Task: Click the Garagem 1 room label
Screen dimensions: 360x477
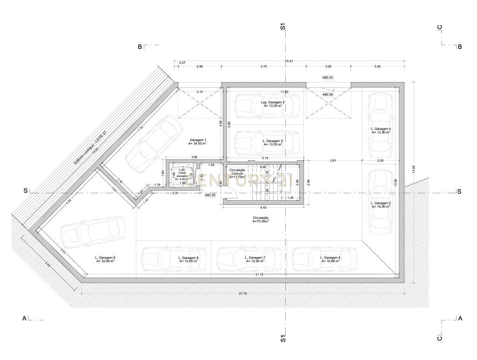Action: coord(198,142)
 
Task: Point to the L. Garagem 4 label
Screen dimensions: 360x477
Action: coord(380,130)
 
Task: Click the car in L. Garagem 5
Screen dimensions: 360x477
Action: coord(380,201)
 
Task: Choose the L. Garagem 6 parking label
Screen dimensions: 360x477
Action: coord(330,259)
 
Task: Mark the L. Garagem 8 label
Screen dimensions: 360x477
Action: coord(188,259)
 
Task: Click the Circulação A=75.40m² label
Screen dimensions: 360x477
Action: coord(261,219)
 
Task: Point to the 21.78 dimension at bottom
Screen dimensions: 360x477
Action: coord(242,293)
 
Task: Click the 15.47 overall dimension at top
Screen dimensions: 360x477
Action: coord(289,61)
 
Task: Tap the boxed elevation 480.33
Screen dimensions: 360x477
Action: coord(328,78)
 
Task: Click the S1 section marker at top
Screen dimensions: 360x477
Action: coord(282,27)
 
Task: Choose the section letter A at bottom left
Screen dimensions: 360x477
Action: coord(24,319)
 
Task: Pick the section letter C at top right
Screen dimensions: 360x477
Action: coord(439,27)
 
